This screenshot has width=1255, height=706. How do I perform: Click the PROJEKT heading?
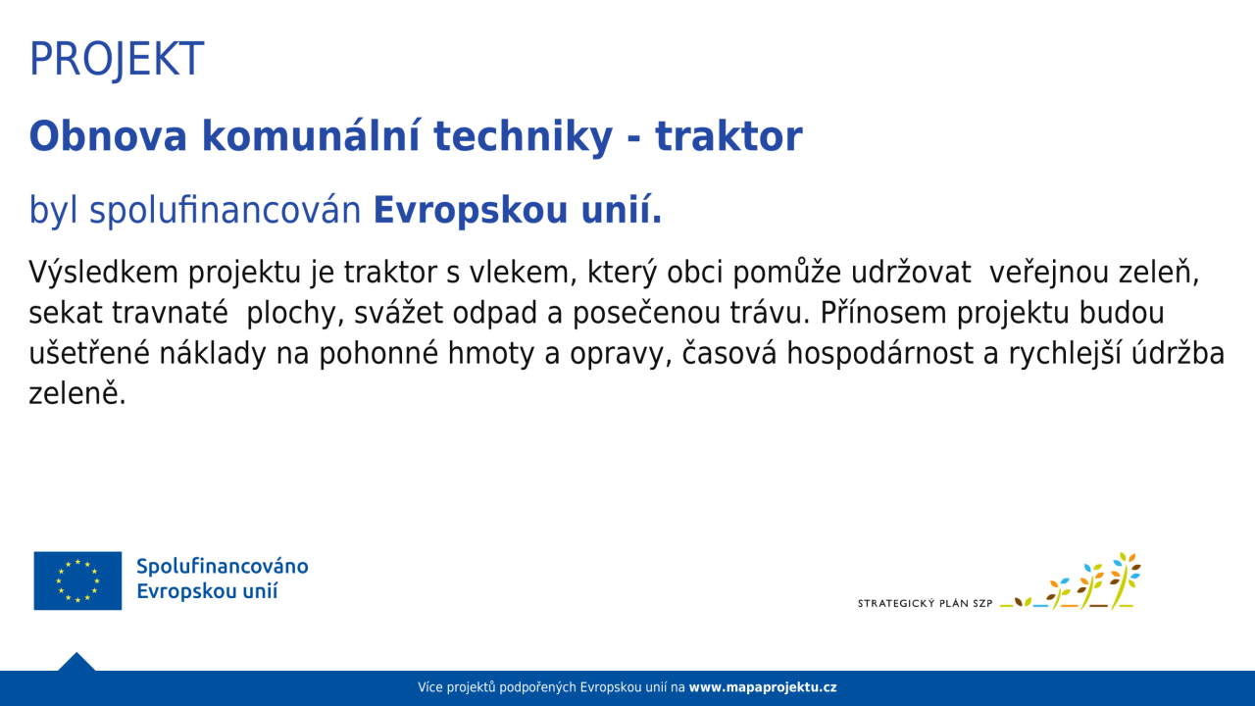117,59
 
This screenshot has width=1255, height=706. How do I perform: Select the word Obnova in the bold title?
108,136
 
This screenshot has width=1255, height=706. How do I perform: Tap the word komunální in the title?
311,135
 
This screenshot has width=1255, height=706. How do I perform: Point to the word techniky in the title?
524,137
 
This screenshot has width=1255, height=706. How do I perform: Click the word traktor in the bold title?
728,136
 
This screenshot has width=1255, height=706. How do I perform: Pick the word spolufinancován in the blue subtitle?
226,211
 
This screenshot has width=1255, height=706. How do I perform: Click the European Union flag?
77,580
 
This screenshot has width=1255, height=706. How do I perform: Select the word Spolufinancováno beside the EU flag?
223,567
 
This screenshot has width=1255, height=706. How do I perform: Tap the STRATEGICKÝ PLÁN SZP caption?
925,603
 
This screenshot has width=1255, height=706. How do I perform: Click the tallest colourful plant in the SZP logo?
1125,580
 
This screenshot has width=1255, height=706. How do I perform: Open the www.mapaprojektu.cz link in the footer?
763,687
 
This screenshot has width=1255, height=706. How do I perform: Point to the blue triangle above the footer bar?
76,662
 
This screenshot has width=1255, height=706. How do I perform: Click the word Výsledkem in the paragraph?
104,273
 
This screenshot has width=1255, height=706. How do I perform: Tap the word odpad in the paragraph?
495,313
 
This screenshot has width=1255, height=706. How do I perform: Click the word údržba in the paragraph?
1178,353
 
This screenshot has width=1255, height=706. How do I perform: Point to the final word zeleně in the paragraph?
77,393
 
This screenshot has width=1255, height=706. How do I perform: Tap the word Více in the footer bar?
430,687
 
